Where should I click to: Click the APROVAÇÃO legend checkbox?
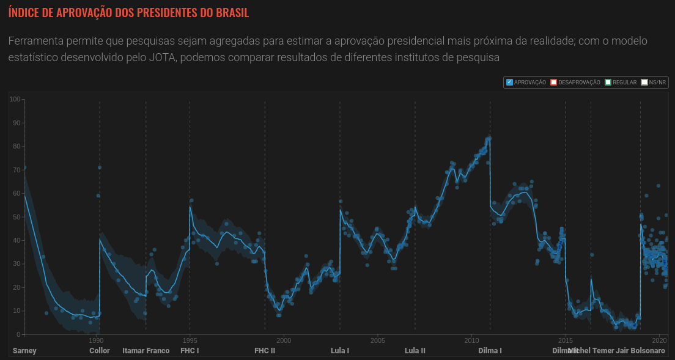tap(509, 83)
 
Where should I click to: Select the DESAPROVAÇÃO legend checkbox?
tap(553, 83)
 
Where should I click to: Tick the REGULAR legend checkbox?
tap(608, 83)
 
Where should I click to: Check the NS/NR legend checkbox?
tap(644, 83)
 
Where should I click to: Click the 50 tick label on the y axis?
tap(17, 217)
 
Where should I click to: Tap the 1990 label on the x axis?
tap(95, 340)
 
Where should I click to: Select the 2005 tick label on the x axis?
tap(377, 340)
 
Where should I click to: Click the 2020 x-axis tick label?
tap(659, 340)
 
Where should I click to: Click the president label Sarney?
tap(24, 351)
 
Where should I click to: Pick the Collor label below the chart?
tap(100, 351)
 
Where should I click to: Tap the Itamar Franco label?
tap(146, 351)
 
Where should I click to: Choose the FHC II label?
tap(265, 351)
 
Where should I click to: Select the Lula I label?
tap(340, 351)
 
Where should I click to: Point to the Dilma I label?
tap(490, 351)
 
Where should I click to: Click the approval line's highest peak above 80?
tap(489, 138)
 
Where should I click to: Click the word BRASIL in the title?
tap(232, 12)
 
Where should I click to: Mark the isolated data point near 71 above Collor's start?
tap(100, 167)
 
